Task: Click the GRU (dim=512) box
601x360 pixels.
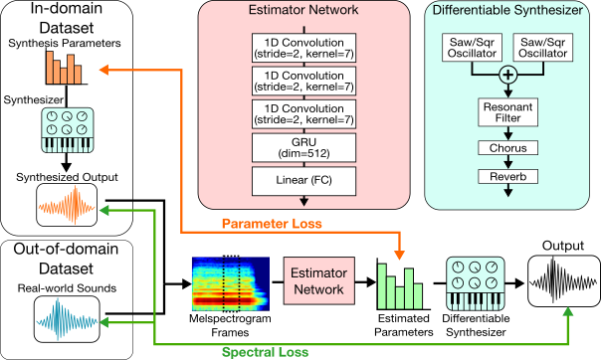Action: (303, 147)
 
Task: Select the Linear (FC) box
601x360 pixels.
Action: (303, 181)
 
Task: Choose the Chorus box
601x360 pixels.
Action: (507, 148)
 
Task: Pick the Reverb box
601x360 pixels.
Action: (507, 176)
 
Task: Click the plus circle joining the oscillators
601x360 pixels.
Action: (507, 75)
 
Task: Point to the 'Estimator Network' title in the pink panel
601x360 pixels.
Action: (303, 13)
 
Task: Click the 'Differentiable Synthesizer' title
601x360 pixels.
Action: (507, 12)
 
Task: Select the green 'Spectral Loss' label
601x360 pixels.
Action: (266, 351)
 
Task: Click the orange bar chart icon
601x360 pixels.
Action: (62, 68)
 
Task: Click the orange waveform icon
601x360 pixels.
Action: (67, 208)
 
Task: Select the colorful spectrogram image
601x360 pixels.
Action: (229, 284)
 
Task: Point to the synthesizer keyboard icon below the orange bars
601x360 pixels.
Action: (66, 130)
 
